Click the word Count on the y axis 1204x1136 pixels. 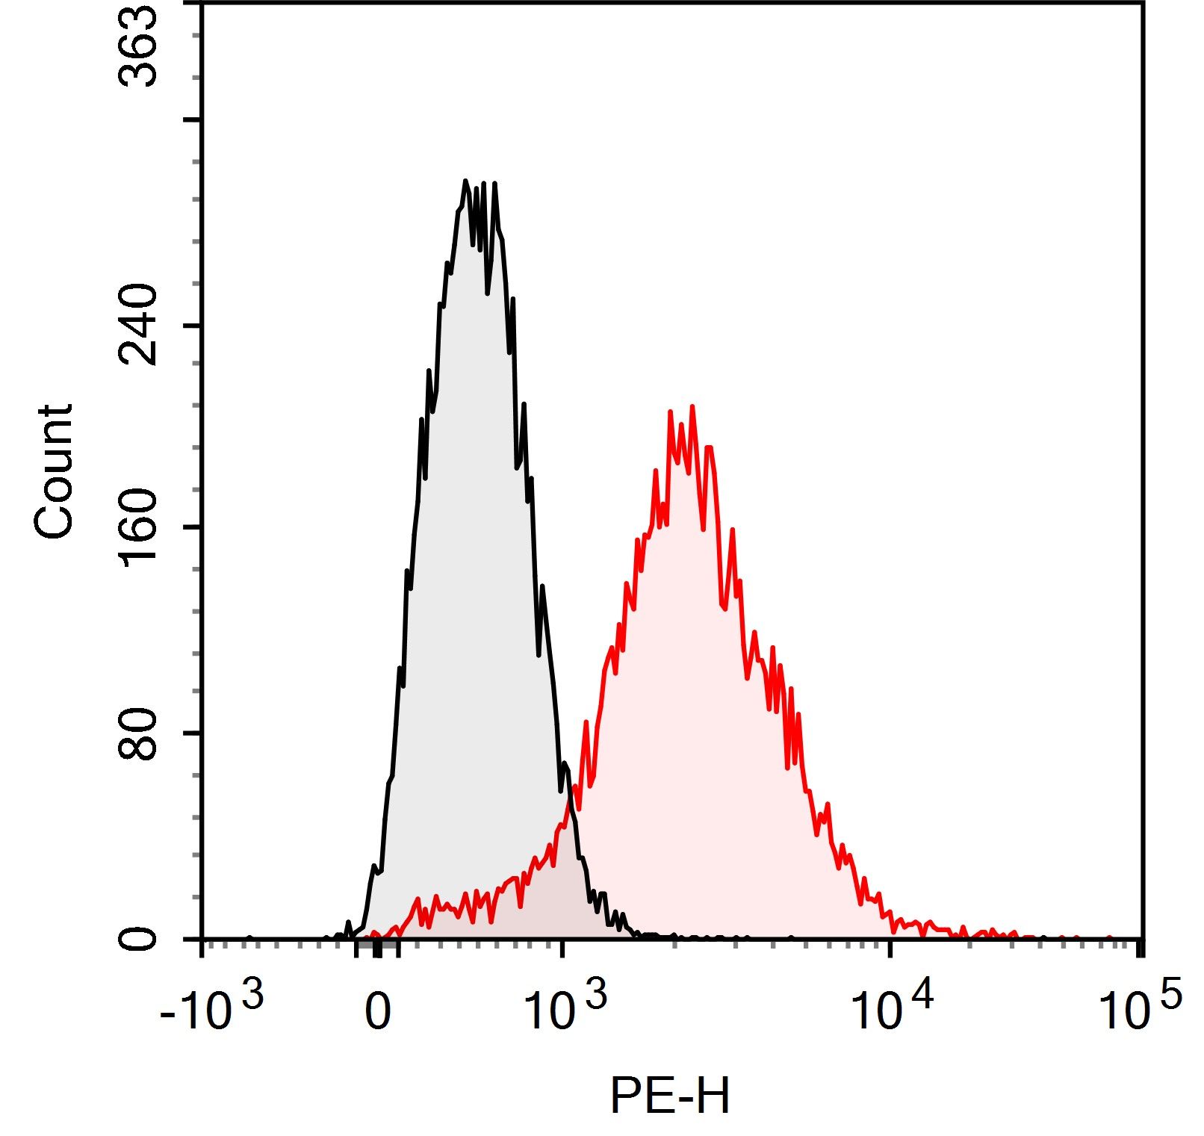[54, 471]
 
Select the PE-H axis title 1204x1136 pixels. [669, 1097]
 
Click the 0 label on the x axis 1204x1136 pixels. [378, 1014]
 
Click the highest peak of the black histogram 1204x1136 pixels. [465, 181]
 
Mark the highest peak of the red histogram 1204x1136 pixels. [692, 407]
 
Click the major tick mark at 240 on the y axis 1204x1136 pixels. [193, 326]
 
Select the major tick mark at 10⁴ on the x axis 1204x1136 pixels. [889, 947]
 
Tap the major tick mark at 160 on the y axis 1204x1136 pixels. [193, 527]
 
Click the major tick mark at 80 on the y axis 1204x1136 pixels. [193, 733]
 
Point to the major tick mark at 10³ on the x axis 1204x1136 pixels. [562, 947]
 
